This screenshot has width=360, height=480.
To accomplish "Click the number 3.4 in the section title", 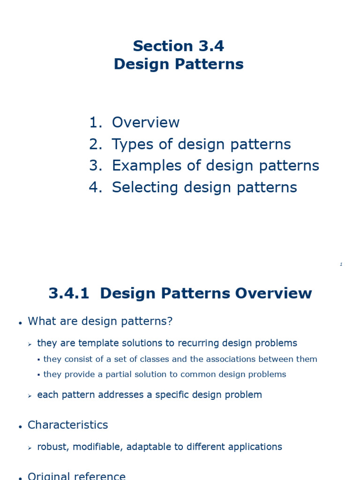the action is [x=211, y=46].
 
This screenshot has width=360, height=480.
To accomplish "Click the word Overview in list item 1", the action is [x=146, y=122].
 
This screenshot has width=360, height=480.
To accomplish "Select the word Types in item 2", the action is [x=132, y=144].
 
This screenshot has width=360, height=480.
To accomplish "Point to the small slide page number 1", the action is [x=341, y=264].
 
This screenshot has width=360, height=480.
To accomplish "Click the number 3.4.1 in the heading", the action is [x=69, y=293].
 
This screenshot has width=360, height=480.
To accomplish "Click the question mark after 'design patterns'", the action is [x=170, y=321].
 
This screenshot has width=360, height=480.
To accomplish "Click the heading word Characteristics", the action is [x=67, y=425].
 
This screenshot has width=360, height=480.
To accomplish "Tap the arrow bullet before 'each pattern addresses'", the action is [x=30, y=396].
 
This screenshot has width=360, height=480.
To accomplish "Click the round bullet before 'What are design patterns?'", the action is [x=20, y=323].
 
